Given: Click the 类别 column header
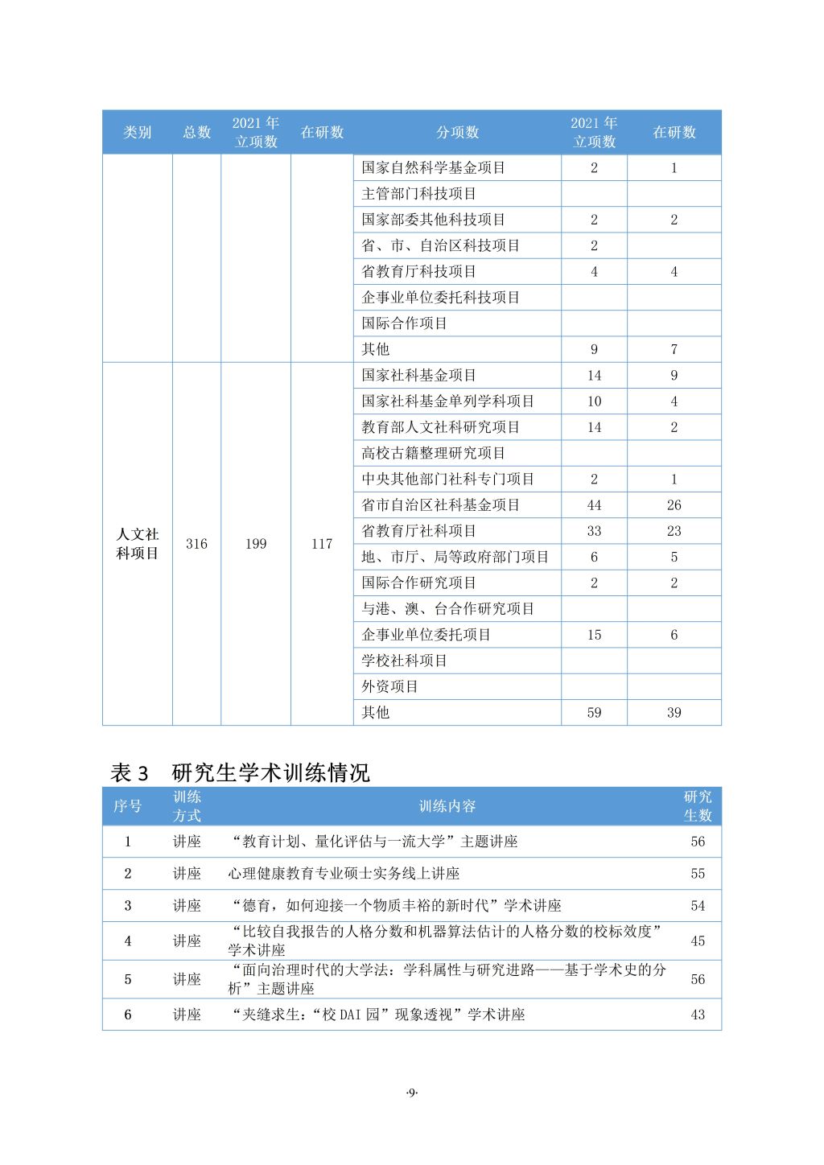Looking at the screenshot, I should (x=137, y=132).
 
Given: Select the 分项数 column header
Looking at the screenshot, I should (x=457, y=132).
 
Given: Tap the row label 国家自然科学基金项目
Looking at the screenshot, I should (x=433, y=167).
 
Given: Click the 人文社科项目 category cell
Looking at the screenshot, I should (x=138, y=544).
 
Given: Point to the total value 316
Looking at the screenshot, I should (x=196, y=544).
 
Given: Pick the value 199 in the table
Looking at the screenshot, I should (x=256, y=544).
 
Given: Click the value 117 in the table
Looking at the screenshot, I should (x=322, y=544).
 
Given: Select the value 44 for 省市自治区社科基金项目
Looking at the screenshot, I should (x=594, y=505).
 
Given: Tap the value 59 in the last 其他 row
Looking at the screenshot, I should (x=594, y=712).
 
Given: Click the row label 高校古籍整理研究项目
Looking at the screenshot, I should (x=433, y=453).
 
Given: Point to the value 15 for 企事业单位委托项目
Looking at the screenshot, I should (x=594, y=635).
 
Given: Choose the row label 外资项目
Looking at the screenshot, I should (x=389, y=686).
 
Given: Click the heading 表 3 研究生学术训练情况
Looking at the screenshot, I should (x=240, y=773).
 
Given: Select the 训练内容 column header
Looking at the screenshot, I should (x=447, y=806).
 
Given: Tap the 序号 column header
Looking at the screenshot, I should (x=127, y=806).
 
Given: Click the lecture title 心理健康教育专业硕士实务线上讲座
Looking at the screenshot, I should (x=344, y=873).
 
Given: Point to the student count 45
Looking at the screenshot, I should (x=698, y=941).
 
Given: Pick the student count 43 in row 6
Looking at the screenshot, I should (x=698, y=1015).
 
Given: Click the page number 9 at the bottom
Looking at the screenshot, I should (x=412, y=1092).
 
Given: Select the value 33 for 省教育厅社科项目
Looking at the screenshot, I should (x=594, y=531).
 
